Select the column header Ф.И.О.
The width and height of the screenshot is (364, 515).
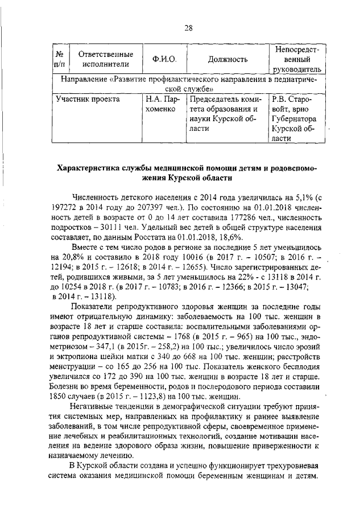164,59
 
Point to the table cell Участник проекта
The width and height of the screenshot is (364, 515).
88,98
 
